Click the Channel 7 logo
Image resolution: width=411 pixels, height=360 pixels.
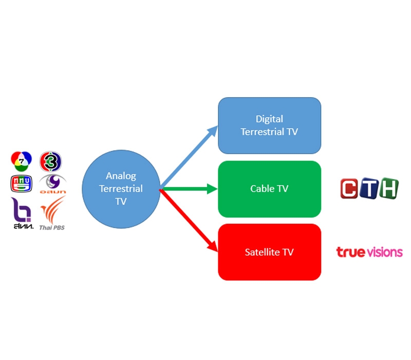point(21,160)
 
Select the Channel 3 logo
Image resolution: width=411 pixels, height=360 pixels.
point(51,160)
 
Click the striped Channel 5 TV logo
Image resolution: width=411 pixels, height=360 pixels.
point(21,184)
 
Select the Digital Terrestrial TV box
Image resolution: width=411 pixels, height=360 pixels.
point(269,125)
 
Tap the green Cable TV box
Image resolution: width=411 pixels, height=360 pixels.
point(269,189)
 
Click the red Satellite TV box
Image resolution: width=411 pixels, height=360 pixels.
point(269,252)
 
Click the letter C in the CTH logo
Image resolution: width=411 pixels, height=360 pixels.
point(350,189)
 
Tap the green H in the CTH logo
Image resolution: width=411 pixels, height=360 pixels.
point(388,188)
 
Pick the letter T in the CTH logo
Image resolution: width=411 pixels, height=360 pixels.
point(369,189)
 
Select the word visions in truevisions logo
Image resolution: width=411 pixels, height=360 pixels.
point(384,252)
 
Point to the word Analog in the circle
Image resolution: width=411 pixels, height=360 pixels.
point(121,176)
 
